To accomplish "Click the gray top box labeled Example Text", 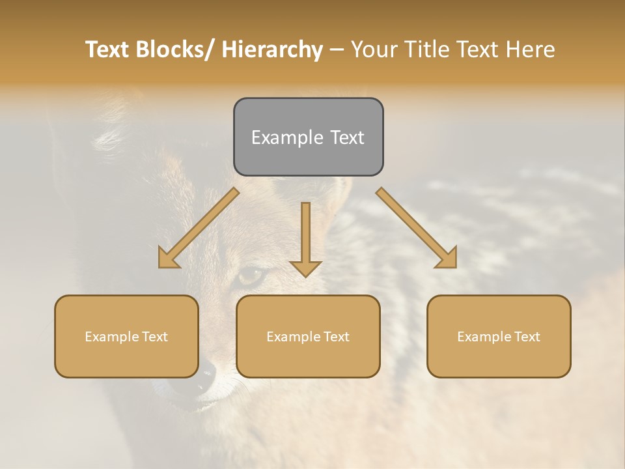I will coord(308,137).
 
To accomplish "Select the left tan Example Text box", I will coord(126,336).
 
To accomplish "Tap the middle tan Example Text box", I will coord(308,336).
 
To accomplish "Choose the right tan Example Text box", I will coord(499,336).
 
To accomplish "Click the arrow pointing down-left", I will coord(199,228).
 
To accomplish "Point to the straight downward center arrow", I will coord(305,238).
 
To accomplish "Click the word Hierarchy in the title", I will coord(271,50).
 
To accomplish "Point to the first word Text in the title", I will coord(107,50).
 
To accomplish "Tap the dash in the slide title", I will coord(337,50).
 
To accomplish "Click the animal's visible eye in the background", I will coord(251,276).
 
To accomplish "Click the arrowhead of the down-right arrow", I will coord(448,259).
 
